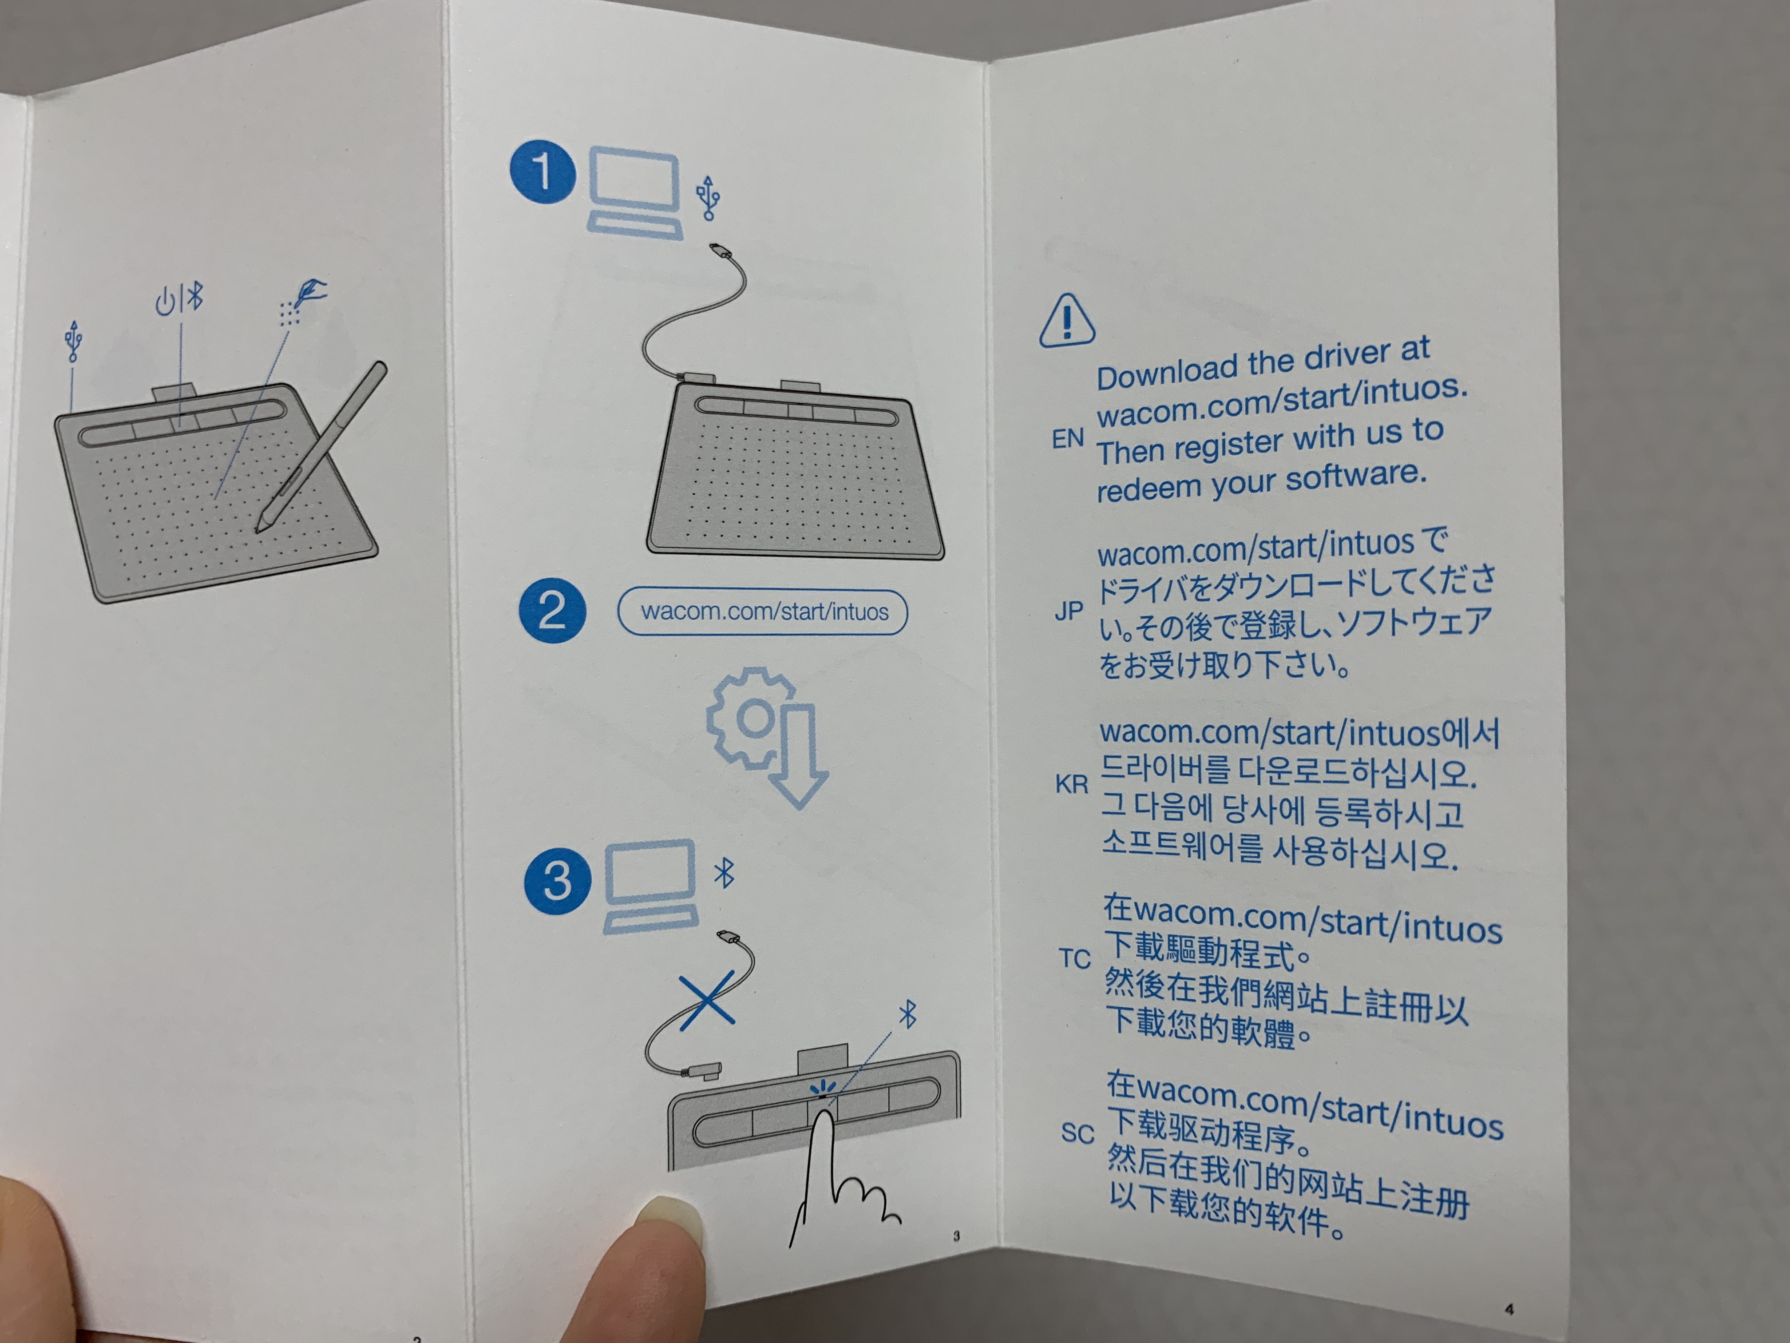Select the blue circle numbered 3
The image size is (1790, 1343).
[x=558, y=880]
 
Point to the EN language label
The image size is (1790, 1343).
[x=1067, y=439]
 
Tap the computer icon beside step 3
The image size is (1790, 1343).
[x=650, y=886]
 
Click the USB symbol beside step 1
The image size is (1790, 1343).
[x=708, y=198]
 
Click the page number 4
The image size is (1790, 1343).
[x=1509, y=1309]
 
